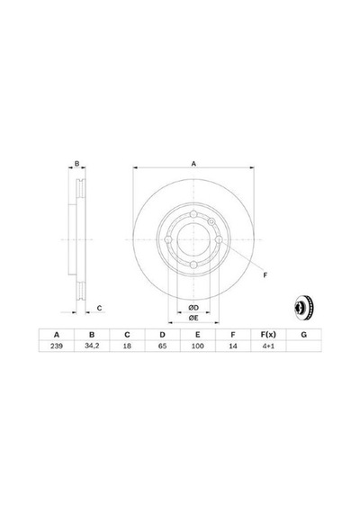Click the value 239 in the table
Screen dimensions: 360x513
(x=57, y=346)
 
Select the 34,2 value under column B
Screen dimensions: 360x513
(x=92, y=346)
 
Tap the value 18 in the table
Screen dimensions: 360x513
(x=127, y=346)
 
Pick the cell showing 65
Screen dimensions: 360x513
(x=162, y=346)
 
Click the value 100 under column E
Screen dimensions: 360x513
(x=198, y=346)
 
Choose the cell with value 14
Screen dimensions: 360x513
(x=233, y=346)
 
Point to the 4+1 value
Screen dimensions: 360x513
(x=268, y=346)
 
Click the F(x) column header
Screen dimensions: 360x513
(x=268, y=335)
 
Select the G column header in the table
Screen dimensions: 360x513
(x=303, y=335)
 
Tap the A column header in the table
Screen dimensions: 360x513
(x=57, y=335)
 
